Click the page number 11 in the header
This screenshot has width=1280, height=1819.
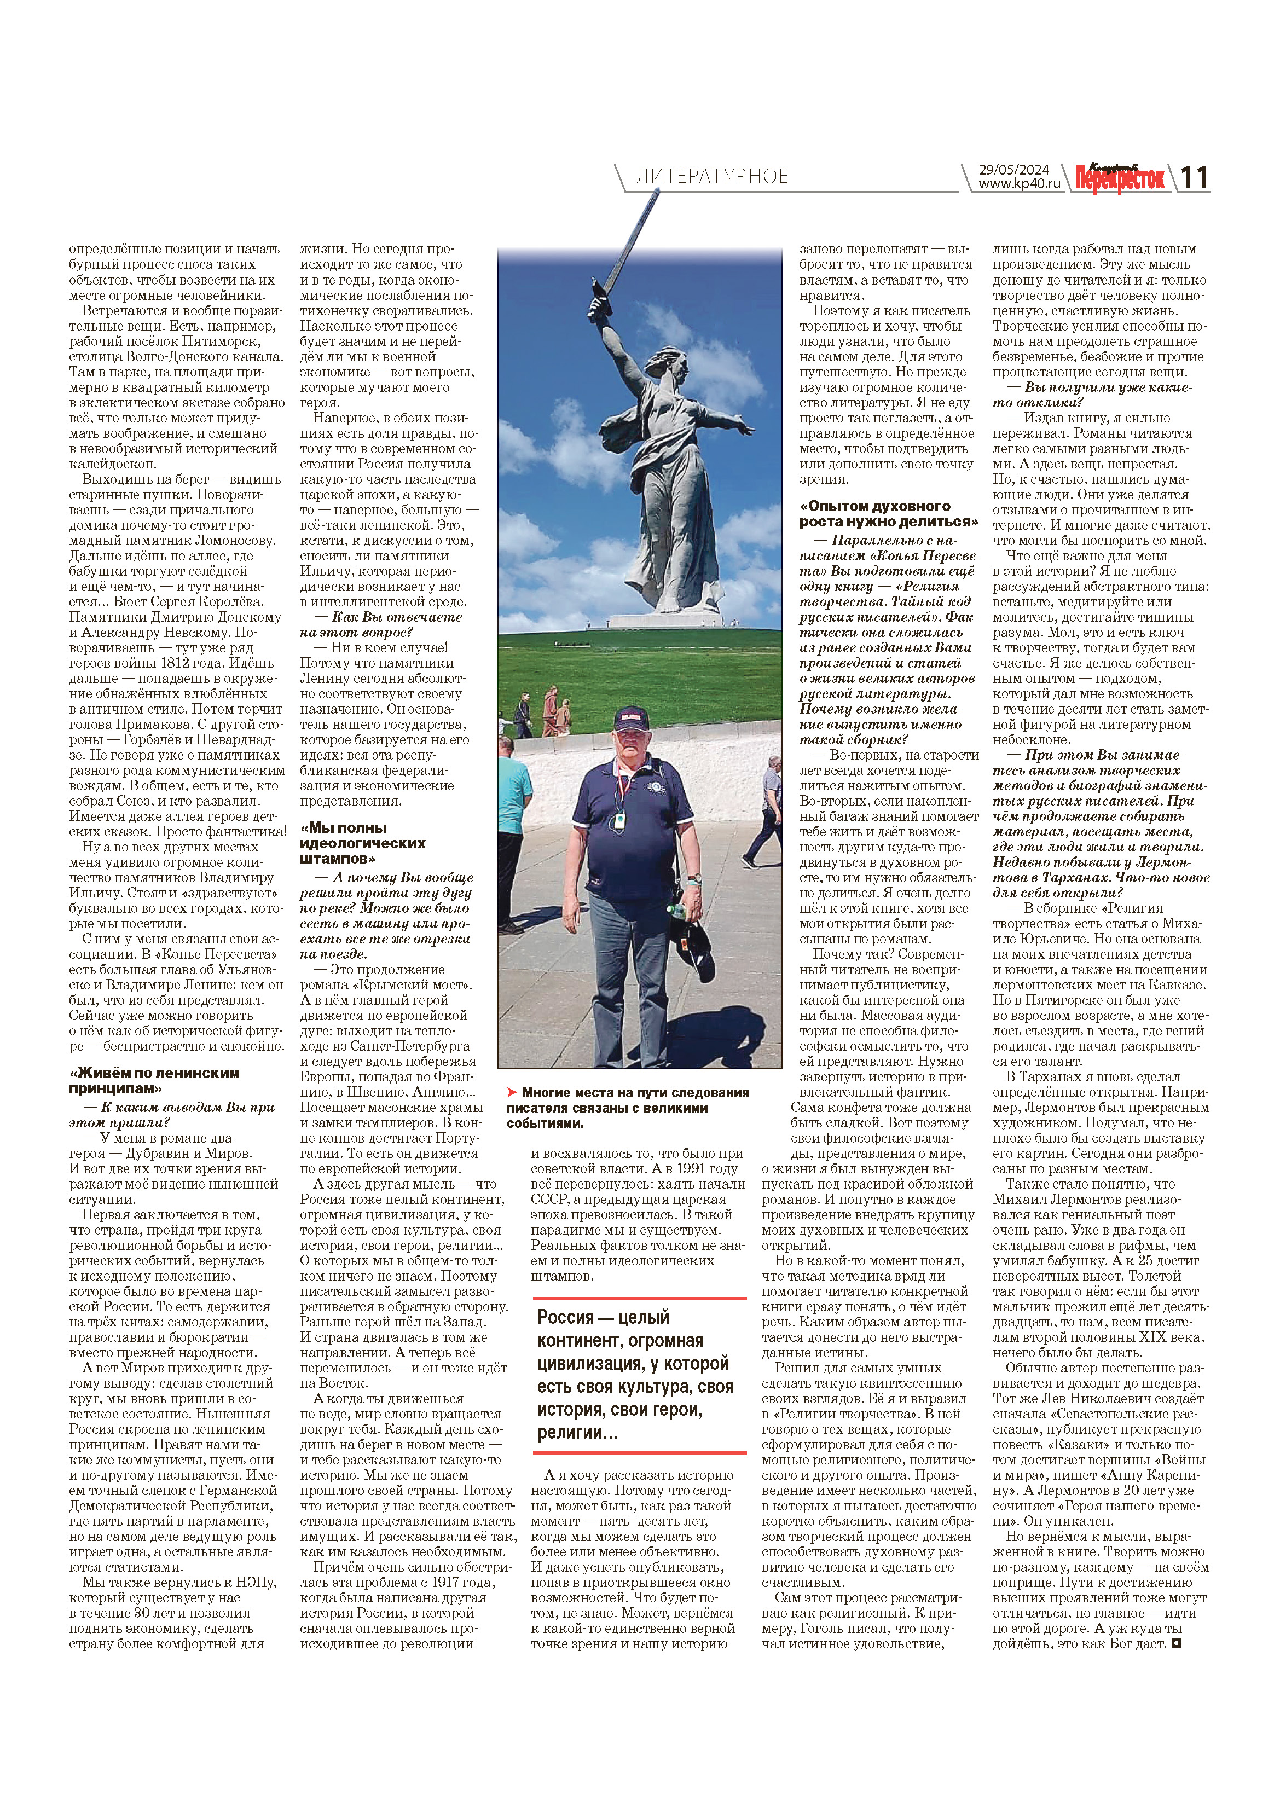(1195, 177)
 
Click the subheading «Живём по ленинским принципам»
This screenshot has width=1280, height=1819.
(154, 1081)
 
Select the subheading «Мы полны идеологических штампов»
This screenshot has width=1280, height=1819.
(363, 843)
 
